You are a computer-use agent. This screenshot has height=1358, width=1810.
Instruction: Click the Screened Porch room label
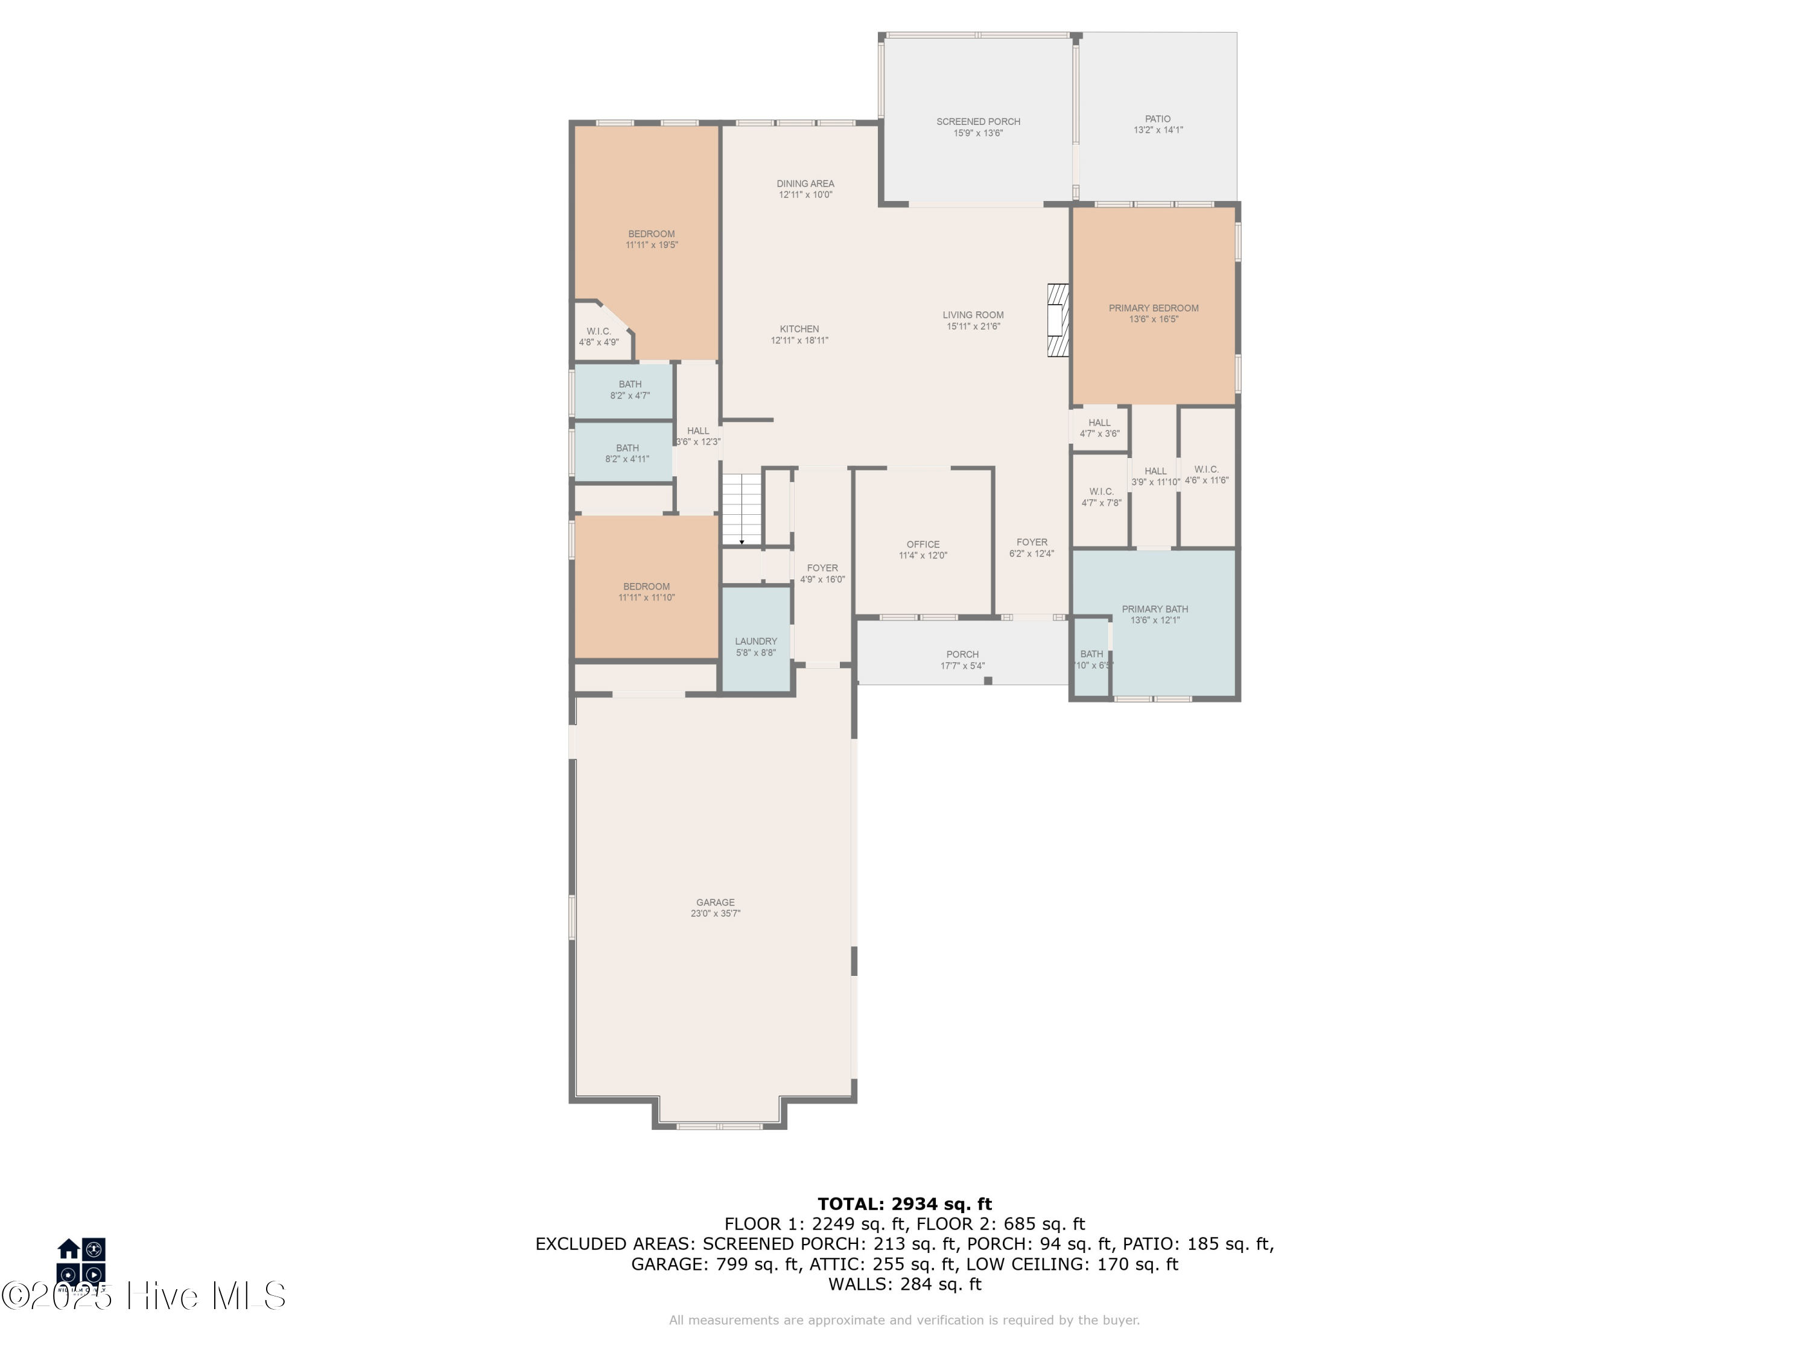978,122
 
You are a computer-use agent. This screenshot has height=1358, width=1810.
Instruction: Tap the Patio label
1157,120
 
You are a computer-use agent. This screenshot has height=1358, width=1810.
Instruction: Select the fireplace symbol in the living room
1058,320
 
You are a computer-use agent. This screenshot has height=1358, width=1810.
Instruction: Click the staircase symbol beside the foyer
741,510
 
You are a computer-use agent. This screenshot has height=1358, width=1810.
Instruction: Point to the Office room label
923,544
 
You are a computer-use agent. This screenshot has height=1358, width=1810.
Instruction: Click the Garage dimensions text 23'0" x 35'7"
715,914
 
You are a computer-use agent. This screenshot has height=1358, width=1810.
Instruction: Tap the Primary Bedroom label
1153,308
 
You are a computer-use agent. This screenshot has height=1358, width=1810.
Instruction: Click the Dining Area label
805,184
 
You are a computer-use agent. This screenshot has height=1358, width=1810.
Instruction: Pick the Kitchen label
799,329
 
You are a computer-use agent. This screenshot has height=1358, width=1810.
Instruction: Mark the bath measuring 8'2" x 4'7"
629,390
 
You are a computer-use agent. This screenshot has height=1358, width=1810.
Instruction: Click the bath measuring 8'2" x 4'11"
627,453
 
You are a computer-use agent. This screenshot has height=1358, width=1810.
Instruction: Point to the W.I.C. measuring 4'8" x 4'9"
598,336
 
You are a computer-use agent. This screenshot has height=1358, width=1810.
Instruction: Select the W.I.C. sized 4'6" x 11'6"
1206,475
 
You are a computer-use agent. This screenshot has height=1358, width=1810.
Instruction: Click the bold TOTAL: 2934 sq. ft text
904,1204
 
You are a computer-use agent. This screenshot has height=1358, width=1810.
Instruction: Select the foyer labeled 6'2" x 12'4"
1031,547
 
